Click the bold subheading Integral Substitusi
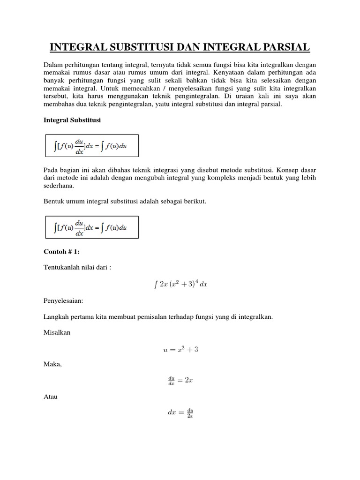click(x=72, y=120)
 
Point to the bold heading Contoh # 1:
click(x=61, y=252)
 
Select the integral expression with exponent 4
click(x=180, y=285)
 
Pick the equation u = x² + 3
click(x=180, y=350)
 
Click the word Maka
click(x=52, y=364)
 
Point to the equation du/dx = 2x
click(x=180, y=381)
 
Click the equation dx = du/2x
click(x=180, y=413)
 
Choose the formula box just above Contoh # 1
click(x=91, y=227)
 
